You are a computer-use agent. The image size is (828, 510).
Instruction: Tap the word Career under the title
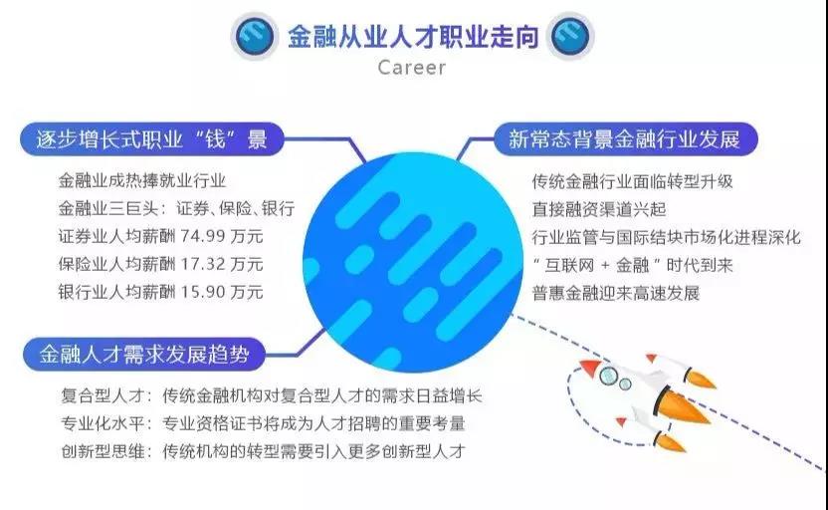pyautogui.click(x=412, y=68)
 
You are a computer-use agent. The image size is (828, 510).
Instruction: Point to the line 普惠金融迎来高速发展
pyautogui.click(x=616, y=293)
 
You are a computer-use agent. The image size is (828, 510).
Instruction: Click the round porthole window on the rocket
pyautogui.click(x=623, y=383)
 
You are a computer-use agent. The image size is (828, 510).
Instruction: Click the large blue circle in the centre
pyautogui.click(x=413, y=249)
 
